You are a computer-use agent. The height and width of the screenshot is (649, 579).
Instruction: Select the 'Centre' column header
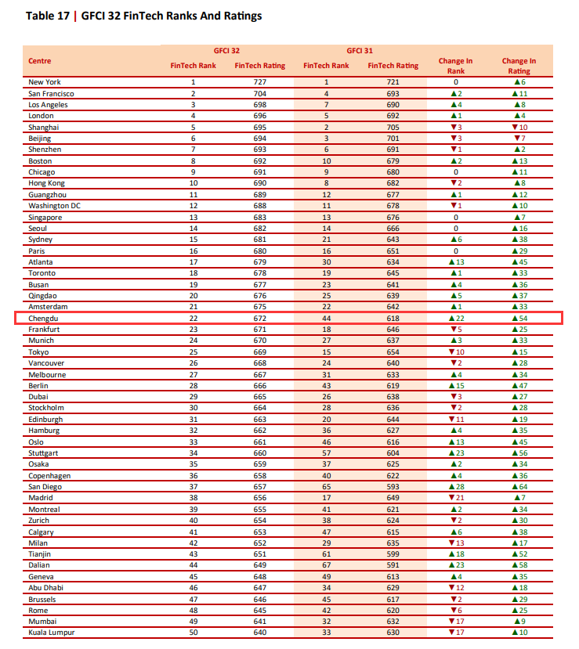[40, 60]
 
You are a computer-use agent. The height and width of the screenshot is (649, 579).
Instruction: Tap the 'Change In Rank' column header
[456, 66]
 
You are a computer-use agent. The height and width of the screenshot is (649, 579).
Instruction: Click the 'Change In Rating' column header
[519, 66]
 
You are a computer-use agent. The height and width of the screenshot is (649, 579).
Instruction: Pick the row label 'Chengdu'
[44, 319]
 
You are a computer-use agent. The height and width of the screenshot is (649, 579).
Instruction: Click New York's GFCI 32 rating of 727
[260, 82]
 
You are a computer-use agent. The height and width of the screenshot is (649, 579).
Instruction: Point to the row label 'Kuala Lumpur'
[51, 633]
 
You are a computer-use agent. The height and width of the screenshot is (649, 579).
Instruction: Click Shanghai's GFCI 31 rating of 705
[393, 127]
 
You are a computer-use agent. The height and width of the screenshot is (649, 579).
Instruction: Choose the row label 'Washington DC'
[54, 206]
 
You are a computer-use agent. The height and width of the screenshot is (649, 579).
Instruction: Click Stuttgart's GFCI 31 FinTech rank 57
[326, 453]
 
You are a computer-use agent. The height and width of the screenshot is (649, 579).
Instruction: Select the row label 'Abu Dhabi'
[47, 588]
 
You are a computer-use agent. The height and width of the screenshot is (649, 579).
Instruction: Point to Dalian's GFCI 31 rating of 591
[393, 565]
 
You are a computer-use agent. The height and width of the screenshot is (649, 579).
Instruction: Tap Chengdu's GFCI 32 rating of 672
[260, 319]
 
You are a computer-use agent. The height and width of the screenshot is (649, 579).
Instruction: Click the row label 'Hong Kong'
[47, 183]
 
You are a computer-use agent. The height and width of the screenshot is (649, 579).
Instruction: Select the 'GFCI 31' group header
[360, 50]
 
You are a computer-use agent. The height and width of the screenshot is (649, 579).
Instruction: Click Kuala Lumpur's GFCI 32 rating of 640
[260, 633]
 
